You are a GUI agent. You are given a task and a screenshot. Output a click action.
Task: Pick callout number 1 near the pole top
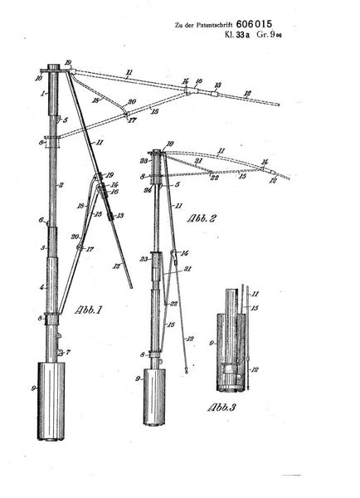tap(40, 95)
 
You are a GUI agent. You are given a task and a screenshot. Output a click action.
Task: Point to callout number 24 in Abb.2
tap(146, 189)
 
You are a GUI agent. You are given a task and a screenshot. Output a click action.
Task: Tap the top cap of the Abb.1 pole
tap(53, 68)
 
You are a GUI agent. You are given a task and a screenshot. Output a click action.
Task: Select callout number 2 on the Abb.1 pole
tap(39, 183)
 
